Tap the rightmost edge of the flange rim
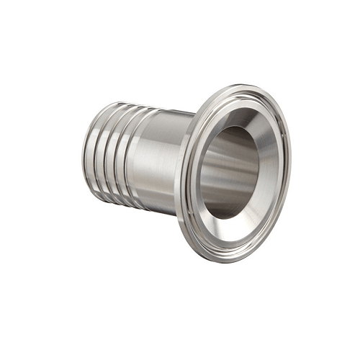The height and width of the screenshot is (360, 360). point(290,169)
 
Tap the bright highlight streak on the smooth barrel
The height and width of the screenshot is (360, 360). point(155,144)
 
